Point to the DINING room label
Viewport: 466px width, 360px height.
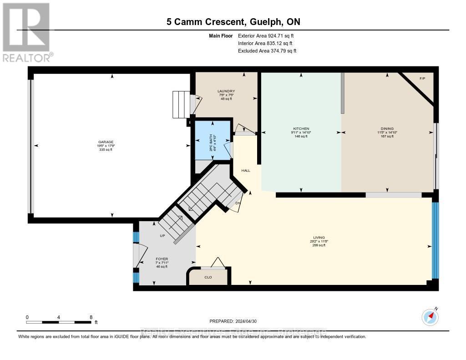click(387, 129)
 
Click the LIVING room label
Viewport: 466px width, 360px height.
click(318, 238)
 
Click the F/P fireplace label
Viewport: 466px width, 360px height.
click(422, 79)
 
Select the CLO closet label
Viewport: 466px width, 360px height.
click(208, 277)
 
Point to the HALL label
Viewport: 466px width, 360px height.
click(246, 171)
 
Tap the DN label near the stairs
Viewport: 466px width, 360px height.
click(238, 203)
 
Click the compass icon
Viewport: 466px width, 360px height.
click(430, 316)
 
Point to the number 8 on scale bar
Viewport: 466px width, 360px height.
click(91, 317)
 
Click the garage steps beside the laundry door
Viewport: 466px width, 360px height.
click(181, 104)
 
